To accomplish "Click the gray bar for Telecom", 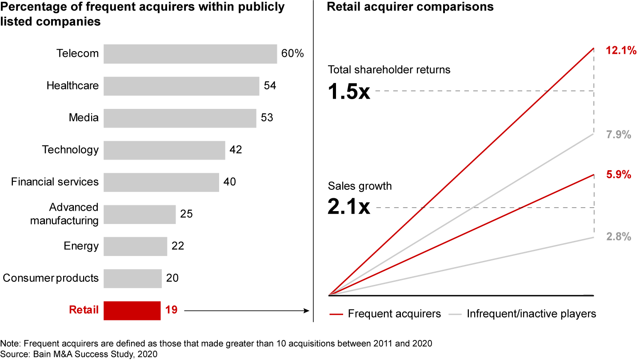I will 190,54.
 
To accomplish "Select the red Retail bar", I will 132,310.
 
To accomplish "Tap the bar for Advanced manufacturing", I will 140,214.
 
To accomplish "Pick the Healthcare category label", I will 72,85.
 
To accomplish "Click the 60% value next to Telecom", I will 292,54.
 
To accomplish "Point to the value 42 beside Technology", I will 236,150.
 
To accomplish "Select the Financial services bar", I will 161,182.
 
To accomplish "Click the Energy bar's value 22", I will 178,246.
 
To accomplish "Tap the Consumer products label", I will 51,278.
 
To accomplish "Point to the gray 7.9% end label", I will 619,135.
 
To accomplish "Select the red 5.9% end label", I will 619,175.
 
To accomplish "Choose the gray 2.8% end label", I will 619,237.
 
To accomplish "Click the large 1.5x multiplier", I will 348,92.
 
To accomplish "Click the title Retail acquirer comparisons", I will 410,7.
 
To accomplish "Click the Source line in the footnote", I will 79,354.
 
